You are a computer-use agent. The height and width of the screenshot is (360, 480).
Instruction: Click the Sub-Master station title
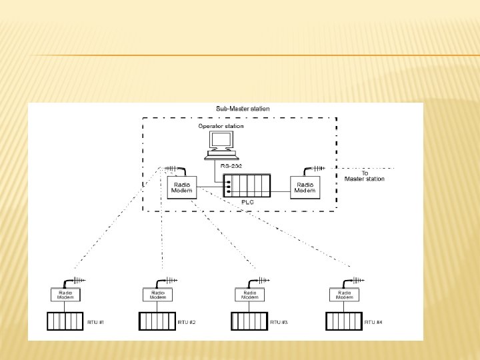pyautogui.click(x=243, y=108)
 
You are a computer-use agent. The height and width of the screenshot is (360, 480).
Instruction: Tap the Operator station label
pyautogui.click(x=221, y=126)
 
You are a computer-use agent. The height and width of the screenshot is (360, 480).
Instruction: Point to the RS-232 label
pyautogui.click(x=231, y=165)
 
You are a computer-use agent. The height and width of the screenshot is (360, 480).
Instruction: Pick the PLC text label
pyautogui.click(x=247, y=201)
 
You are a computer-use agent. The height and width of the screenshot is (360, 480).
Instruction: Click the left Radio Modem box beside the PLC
pyautogui.click(x=181, y=187)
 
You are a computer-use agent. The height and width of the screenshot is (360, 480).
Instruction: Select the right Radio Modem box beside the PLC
pyautogui.click(x=305, y=187)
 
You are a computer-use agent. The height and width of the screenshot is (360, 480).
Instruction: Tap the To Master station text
pyautogui.click(x=364, y=176)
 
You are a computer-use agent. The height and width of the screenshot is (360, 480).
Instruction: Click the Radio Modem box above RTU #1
pyautogui.click(x=66, y=295)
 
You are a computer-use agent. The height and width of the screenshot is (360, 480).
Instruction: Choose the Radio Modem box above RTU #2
pyautogui.click(x=157, y=295)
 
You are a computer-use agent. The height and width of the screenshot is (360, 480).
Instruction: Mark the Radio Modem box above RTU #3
pyautogui.click(x=250, y=295)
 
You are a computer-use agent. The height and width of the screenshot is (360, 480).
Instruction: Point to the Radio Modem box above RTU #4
pyautogui.click(x=345, y=295)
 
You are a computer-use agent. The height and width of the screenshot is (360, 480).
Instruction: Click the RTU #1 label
pyautogui.click(x=95, y=322)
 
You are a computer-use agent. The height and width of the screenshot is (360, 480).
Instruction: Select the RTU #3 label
pyautogui.click(x=279, y=322)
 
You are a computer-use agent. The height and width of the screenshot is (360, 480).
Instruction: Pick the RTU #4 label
pyautogui.click(x=373, y=322)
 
